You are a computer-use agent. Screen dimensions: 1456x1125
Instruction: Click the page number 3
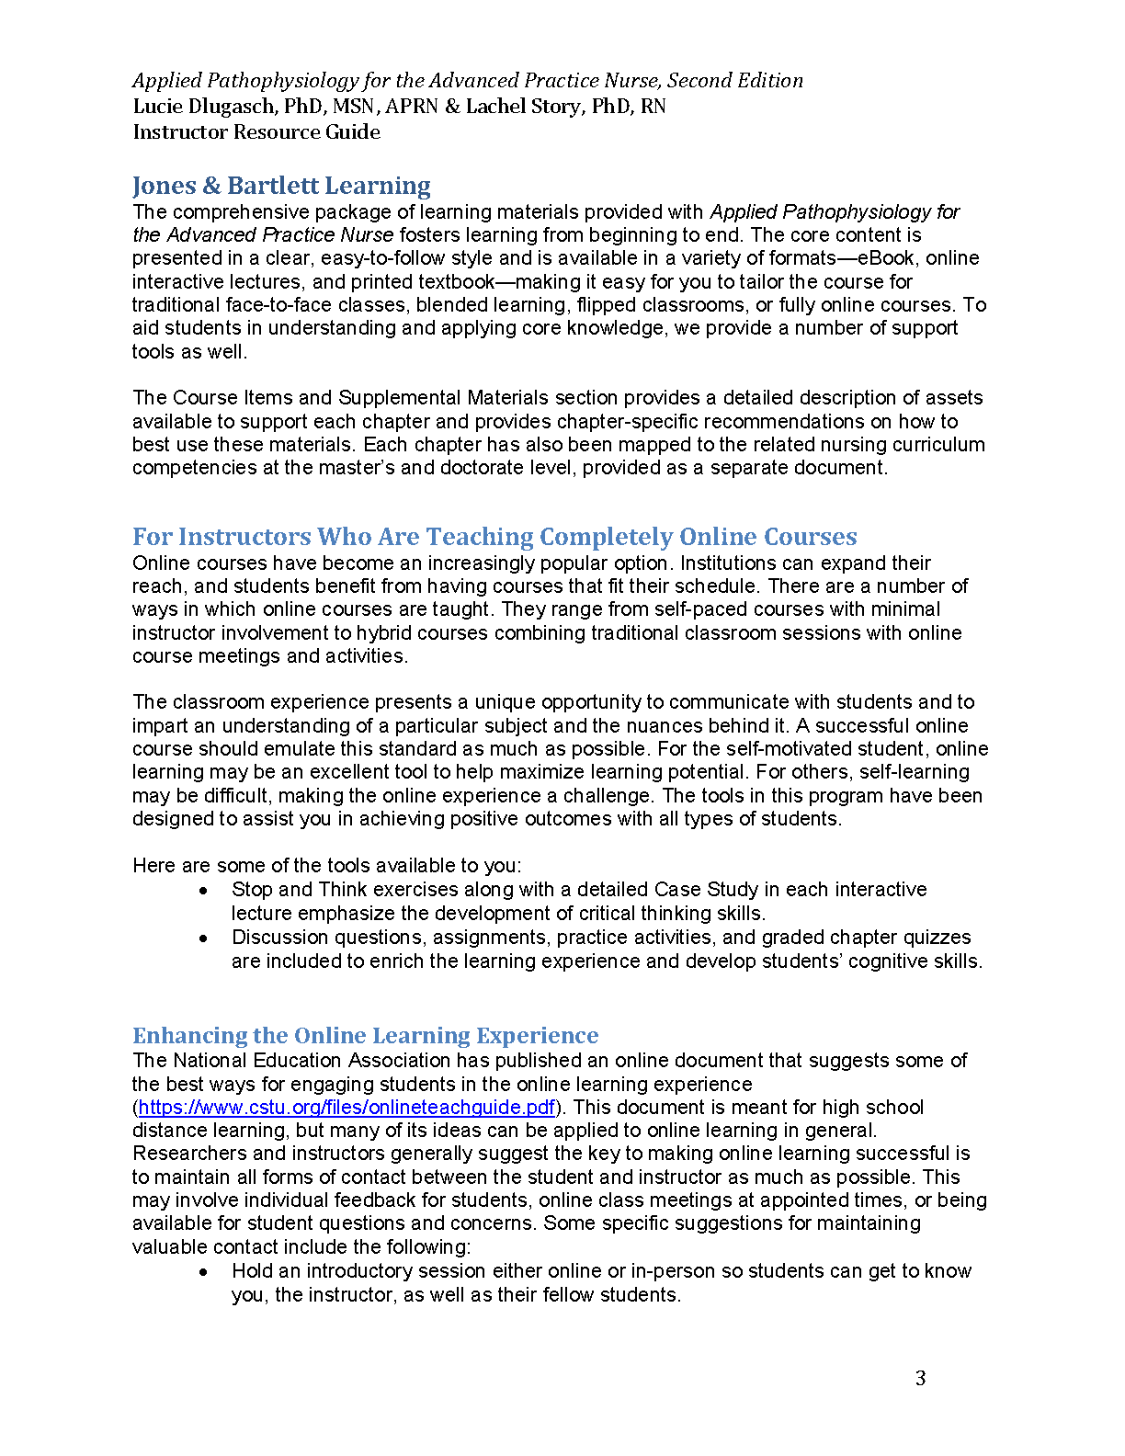[x=920, y=1378]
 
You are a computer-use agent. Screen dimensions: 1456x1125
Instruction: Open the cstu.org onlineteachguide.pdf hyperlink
[x=347, y=1108]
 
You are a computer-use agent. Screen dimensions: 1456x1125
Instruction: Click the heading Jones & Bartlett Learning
[x=281, y=186]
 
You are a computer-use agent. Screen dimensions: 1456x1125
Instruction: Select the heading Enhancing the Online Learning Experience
[x=365, y=1036]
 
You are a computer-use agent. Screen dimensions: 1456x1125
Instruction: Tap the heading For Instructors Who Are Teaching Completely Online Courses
[x=494, y=537]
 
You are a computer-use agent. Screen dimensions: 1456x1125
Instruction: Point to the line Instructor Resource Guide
[x=256, y=132]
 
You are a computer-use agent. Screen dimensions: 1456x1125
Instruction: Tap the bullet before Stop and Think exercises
[x=204, y=891]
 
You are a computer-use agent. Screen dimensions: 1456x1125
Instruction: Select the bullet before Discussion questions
[x=204, y=938]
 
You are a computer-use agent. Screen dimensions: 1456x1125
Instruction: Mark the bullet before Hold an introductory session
[x=204, y=1272]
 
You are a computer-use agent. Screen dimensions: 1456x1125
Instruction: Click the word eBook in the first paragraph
[x=885, y=258]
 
